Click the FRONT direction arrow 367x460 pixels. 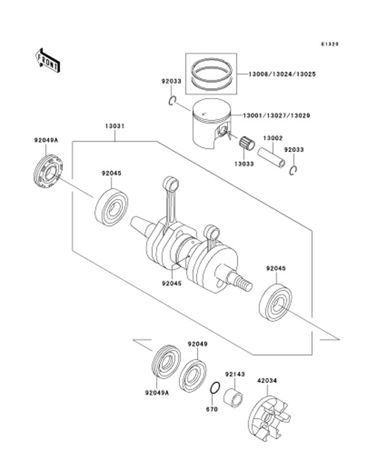(48, 61)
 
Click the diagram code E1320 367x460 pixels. (330, 44)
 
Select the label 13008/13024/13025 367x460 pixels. (282, 74)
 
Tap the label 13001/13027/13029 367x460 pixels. (276, 116)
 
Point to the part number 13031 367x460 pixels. (115, 126)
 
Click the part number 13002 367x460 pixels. (273, 138)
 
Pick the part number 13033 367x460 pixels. (243, 164)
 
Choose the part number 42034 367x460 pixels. (267, 380)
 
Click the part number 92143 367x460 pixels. (235, 374)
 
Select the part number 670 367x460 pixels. (212, 409)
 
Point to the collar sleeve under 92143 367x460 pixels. (234, 398)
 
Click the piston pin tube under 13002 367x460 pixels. (272, 158)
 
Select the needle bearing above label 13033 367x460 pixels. (247, 143)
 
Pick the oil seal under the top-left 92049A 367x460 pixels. (48, 172)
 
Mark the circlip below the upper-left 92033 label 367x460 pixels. (172, 100)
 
